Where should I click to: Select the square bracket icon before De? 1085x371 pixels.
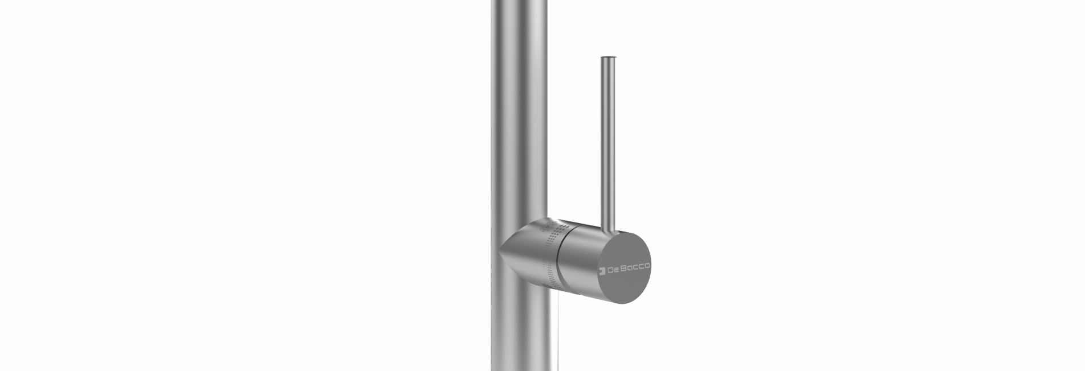(602, 270)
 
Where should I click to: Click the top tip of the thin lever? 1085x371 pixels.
(607, 58)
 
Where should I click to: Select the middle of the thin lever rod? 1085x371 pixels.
(607, 142)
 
